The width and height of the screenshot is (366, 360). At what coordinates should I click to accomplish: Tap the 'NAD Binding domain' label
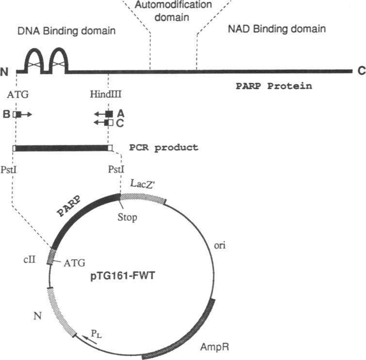276,29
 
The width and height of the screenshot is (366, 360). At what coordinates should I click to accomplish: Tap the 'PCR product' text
164,147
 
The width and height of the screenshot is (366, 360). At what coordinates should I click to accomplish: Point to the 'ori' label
220,246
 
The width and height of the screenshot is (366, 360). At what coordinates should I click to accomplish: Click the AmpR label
214,347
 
